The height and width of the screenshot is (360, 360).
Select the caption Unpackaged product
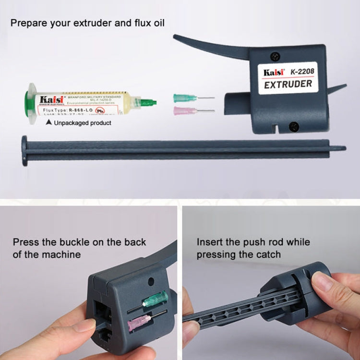coord(83,123)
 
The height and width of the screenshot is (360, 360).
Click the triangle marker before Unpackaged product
coord(48,123)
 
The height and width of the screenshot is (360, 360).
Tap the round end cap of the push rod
coord(24,150)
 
